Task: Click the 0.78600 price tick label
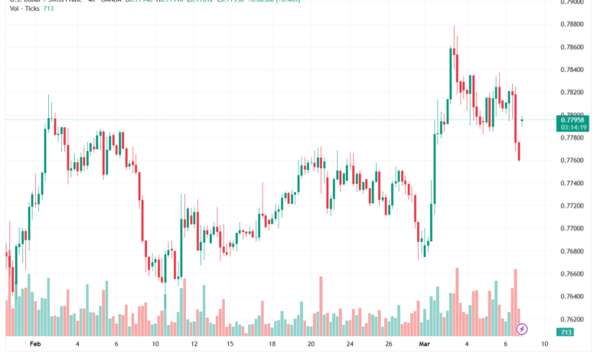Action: click(573, 47)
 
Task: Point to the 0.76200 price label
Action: click(573, 319)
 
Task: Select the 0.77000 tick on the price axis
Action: click(573, 228)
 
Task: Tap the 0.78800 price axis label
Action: click(573, 24)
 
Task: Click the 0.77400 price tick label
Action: click(573, 183)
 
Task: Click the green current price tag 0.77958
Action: click(573, 119)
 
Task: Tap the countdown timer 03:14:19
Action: click(573, 128)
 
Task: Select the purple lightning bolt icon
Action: click(522, 329)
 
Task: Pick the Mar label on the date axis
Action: click(425, 345)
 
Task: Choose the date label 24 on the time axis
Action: click(349, 345)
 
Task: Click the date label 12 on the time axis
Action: click(194, 345)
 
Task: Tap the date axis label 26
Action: click(388, 345)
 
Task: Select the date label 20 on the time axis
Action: click(310, 345)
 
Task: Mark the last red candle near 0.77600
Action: click(519, 151)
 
